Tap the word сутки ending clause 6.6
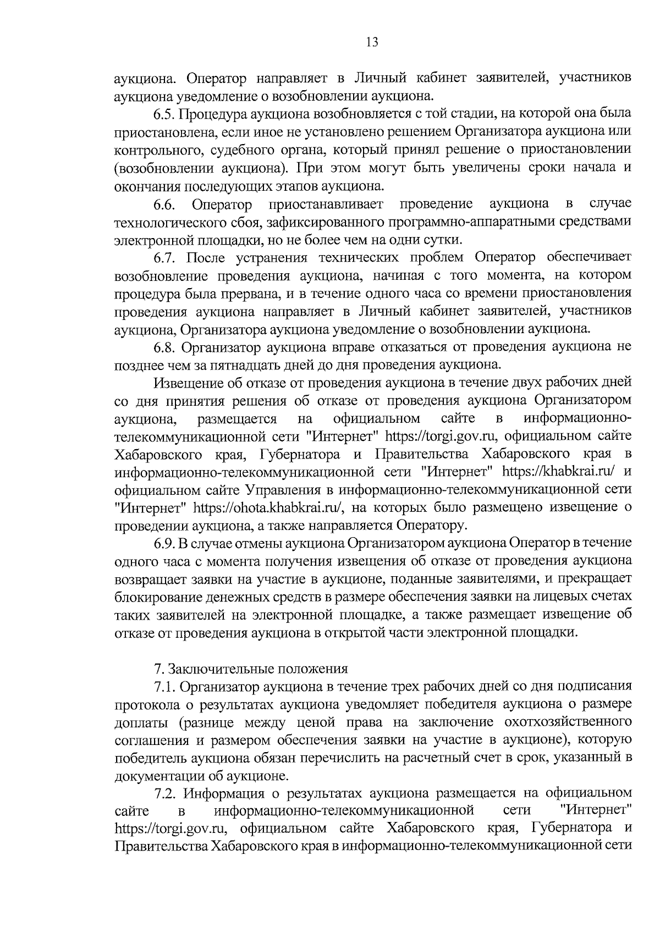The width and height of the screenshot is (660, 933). pyautogui.click(x=445, y=240)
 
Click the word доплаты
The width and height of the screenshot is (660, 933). pyautogui.click(x=137, y=722)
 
